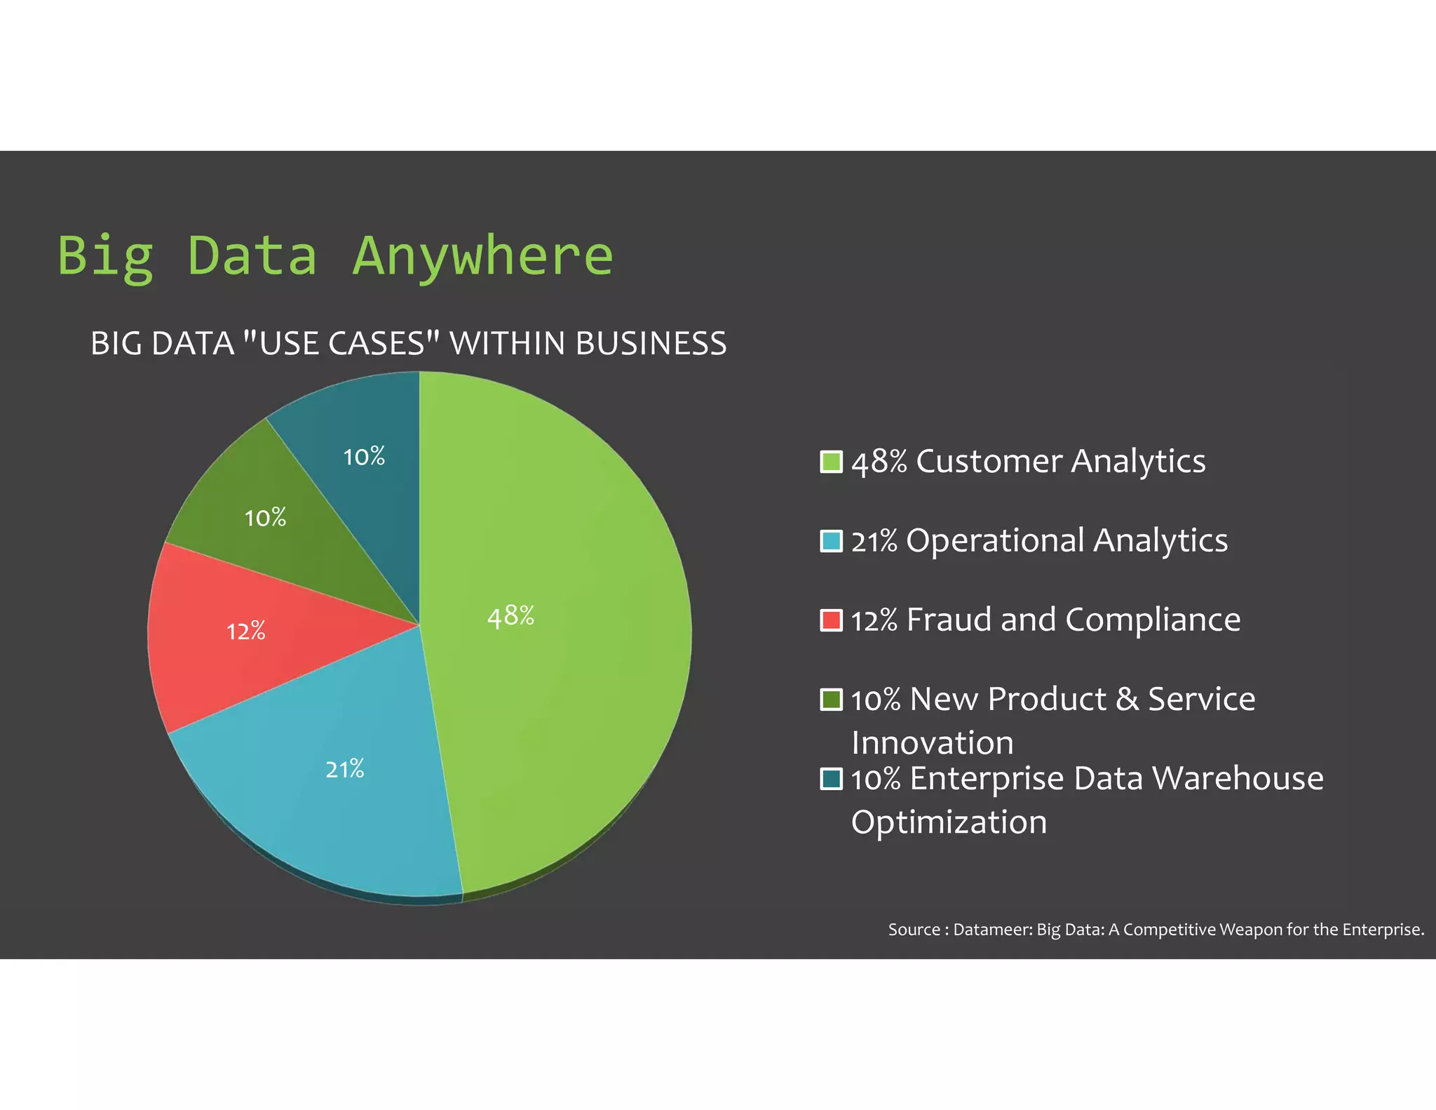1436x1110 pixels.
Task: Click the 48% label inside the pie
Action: point(510,616)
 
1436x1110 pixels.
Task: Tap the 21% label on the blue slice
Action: point(345,770)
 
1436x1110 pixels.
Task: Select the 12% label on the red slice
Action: point(246,631)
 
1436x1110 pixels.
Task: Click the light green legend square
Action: point(831,462)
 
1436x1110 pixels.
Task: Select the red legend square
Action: point(831,621)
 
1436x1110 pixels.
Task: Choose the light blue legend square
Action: point(831,542)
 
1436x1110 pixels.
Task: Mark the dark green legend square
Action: point(831,700)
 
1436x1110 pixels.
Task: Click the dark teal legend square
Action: point(831,779)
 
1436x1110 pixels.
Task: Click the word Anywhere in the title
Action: point(482,256)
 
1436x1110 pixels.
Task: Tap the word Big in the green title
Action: point(105,256)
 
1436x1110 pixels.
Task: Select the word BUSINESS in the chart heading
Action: point(651,344)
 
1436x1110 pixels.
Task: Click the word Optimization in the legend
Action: point(949,822)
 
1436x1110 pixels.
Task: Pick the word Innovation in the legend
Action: point(933,742)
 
